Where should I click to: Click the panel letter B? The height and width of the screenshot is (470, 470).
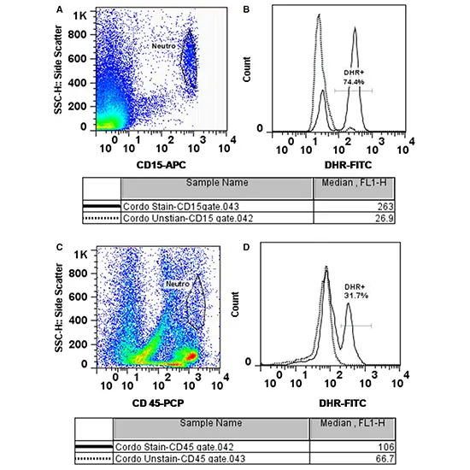point(246,9)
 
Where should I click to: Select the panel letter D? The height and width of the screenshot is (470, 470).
point(246,248)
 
